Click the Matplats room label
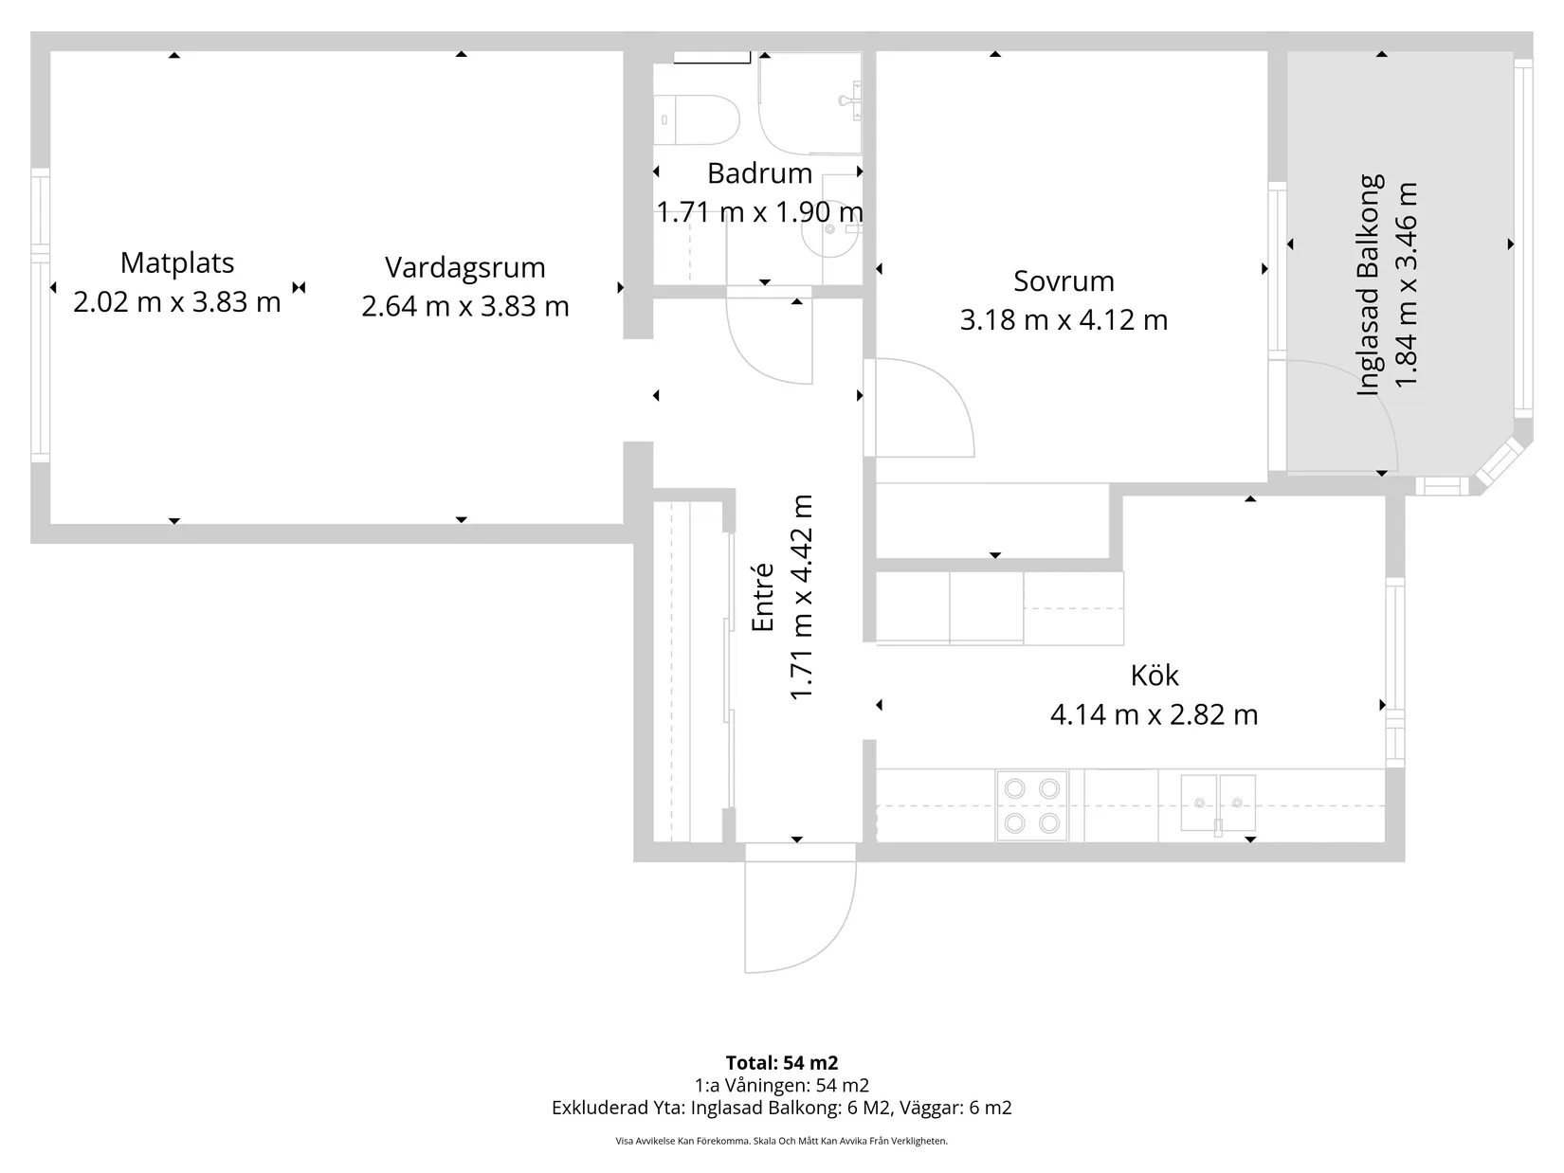tap(177, 262)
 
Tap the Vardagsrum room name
tap(464, 267)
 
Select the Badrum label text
tap(759, 173)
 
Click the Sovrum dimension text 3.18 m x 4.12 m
tap(1064, 320)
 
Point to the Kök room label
tap(1154, 676)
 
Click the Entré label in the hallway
tap(763, 597)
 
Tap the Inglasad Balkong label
tap(1371, 284)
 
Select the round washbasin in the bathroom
tap(829, 228)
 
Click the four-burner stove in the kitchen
tap(1031, 805)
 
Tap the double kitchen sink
tap(1217, 803)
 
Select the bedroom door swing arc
tap(924, 407)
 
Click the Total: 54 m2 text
tap(781, 1062)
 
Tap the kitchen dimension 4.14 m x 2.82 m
tap(1154, 714)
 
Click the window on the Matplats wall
tap(40, 315)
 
